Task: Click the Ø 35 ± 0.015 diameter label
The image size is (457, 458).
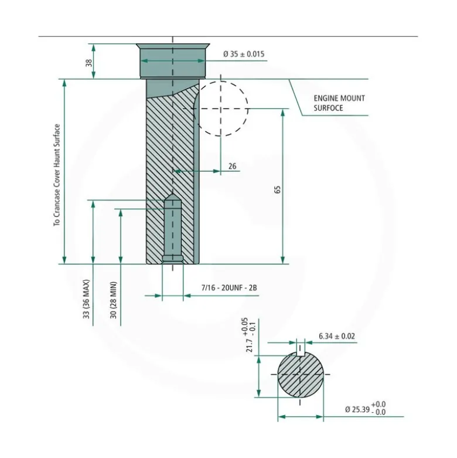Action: [x=244, y=54]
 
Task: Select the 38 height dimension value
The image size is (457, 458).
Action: [x=88, y=63]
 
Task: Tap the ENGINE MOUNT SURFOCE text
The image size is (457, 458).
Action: [x=339, y=103]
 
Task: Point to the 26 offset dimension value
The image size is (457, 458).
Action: [x=232, y=166]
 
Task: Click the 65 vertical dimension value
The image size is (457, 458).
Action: [x=278, y=189]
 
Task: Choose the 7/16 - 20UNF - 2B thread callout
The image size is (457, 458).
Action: [x=229, y=288]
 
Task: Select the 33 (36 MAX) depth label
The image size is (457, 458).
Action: [x=86, y=299]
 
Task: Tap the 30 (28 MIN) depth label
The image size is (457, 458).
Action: [x=114, y=300]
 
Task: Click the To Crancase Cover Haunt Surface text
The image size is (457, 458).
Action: [x=57, y=175]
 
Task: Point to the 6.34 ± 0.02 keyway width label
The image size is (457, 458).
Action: [x=337, y=336]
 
